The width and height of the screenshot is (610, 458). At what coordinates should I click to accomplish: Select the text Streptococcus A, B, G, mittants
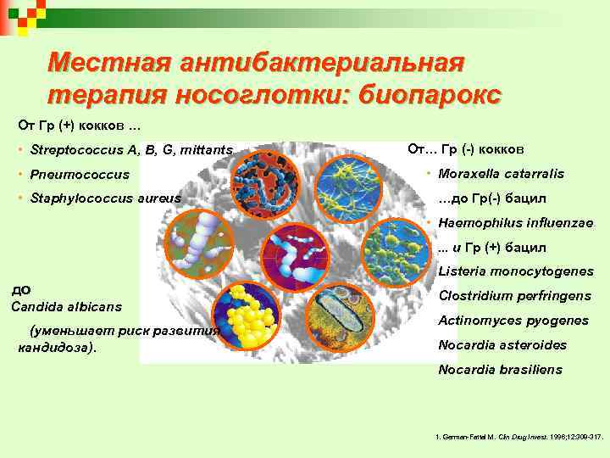(x=130, y=150)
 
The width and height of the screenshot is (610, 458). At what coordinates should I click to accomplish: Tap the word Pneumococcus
(x=80, y=175)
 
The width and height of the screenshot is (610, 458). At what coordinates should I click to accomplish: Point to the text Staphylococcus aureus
(x=105, y=198)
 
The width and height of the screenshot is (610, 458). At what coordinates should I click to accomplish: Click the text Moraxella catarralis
(x=501, y=174)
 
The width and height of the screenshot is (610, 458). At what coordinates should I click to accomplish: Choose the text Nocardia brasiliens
(x=500, y=370)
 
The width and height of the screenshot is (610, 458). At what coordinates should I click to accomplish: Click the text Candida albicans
(x=66, y=305)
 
